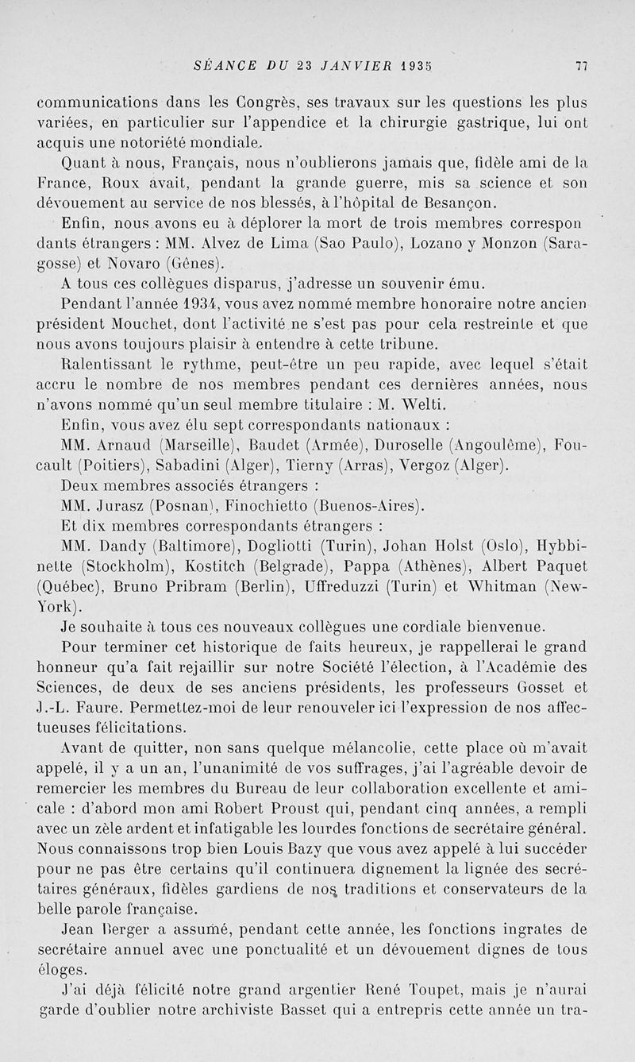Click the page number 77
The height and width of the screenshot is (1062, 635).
pyautogui.click(x=580, y=68)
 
